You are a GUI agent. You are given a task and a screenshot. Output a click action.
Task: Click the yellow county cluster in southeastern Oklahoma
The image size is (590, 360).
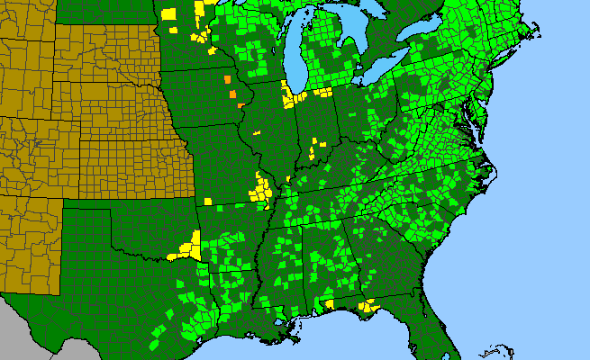click(x=191, y=244)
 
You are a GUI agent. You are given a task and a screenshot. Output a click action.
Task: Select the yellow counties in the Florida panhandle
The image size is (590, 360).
click(x=367, y=307)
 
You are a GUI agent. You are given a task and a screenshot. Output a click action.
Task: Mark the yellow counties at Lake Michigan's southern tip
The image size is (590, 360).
click(x=290, y=94)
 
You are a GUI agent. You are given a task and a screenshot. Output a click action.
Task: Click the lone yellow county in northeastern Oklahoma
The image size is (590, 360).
click(x=206, y=201)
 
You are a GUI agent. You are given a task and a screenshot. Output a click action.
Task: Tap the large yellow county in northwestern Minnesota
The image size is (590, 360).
click(x=169, y=13)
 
